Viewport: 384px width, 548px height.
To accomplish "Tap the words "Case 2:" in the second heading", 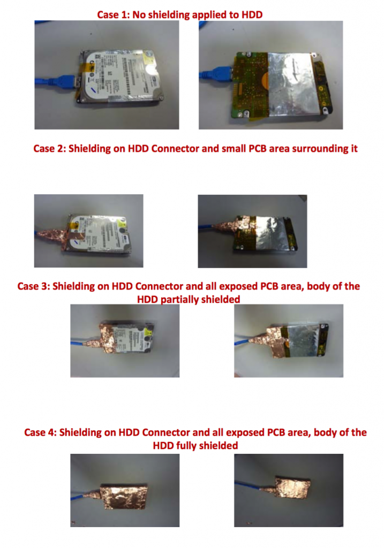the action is pos(50,149).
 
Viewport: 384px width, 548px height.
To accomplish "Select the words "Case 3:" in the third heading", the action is pos(34,286).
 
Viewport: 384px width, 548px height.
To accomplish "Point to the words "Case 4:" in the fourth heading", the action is pos(40,432).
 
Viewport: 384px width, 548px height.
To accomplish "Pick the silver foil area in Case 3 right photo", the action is pos(303,341).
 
